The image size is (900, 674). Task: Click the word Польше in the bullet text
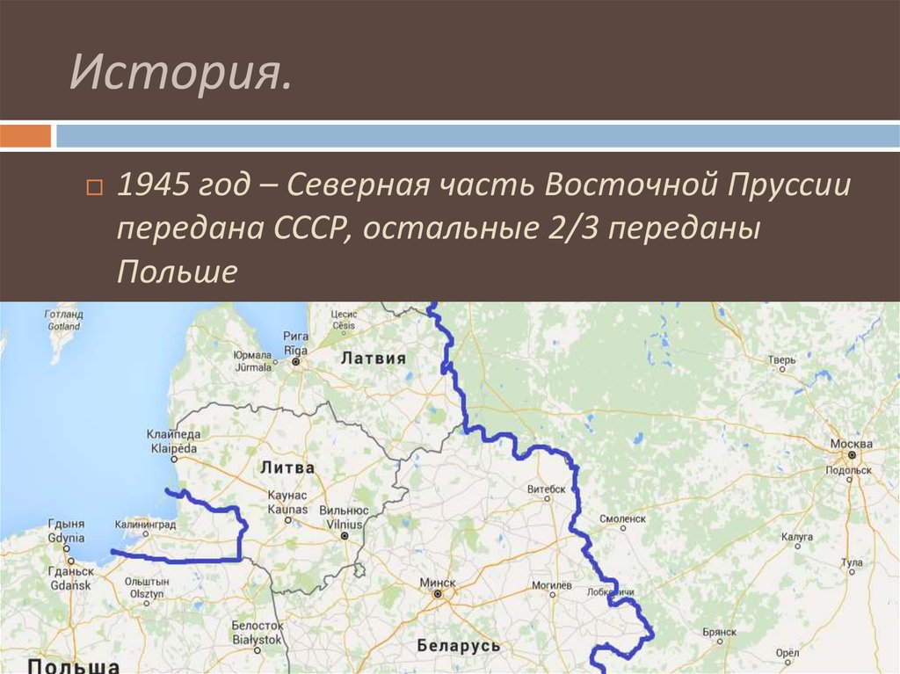[x=177, y=272]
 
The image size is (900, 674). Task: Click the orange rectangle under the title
[x=25, y=136]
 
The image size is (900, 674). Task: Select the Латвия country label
[x=374, y=358]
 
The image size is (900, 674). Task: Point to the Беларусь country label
[x=459, y=645]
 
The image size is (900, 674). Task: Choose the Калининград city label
[x=145, y=525]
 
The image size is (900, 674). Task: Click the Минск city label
[x=438, y=583]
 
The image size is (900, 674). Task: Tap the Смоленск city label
[x=622, y=518]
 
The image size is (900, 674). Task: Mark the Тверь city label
[x=780, y=359]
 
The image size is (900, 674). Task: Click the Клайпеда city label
[x=174, y=435]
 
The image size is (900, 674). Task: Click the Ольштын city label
[x=146, y=582]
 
